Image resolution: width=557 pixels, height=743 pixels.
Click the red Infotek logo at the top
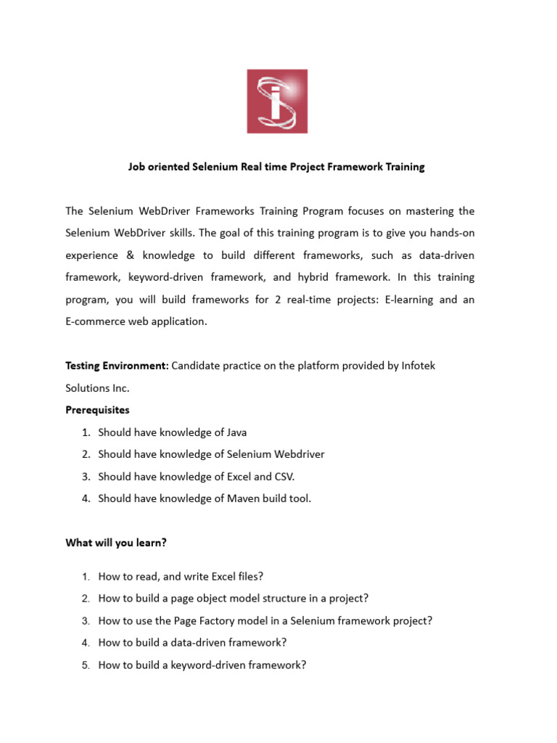[277, 102]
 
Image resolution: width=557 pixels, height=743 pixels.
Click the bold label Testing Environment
[117, 366]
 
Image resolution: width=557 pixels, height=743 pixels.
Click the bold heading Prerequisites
[98, 410]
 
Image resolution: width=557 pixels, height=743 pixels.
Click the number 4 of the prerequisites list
[85, 498]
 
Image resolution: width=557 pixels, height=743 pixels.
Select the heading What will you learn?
[116, 542]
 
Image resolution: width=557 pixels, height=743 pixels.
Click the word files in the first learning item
[246, 577]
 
